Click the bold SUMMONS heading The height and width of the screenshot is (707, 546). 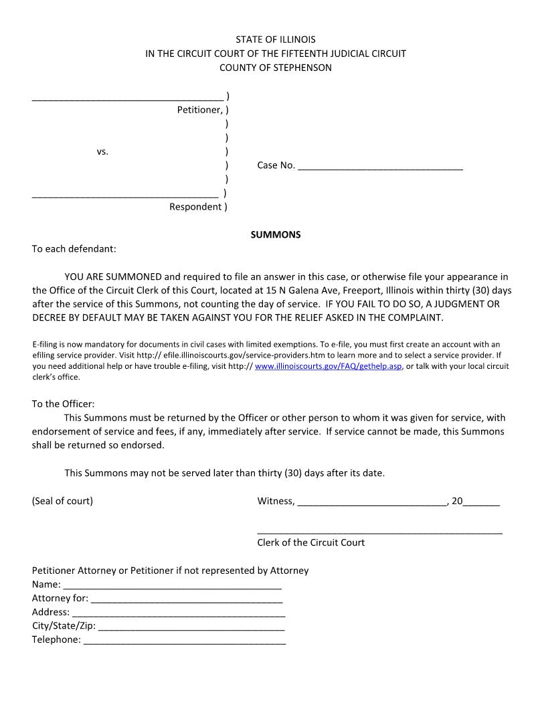276,235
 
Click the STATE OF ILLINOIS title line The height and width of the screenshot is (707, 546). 276,40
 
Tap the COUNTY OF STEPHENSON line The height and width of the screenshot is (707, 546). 276,68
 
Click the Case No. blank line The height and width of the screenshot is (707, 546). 380,167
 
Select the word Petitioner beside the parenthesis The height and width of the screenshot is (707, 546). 199,110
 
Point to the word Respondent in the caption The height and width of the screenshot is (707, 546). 195,207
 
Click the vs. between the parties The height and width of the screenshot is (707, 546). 102,152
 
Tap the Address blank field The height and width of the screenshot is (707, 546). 179,613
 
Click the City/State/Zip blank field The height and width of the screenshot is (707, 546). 191,627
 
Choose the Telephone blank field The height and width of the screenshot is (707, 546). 184,641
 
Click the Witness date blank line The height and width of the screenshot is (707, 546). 371,502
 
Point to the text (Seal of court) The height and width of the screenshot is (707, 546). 62,501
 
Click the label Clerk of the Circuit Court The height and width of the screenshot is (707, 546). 311,542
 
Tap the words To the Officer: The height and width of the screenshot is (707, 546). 64,404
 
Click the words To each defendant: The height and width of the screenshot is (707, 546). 74,249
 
